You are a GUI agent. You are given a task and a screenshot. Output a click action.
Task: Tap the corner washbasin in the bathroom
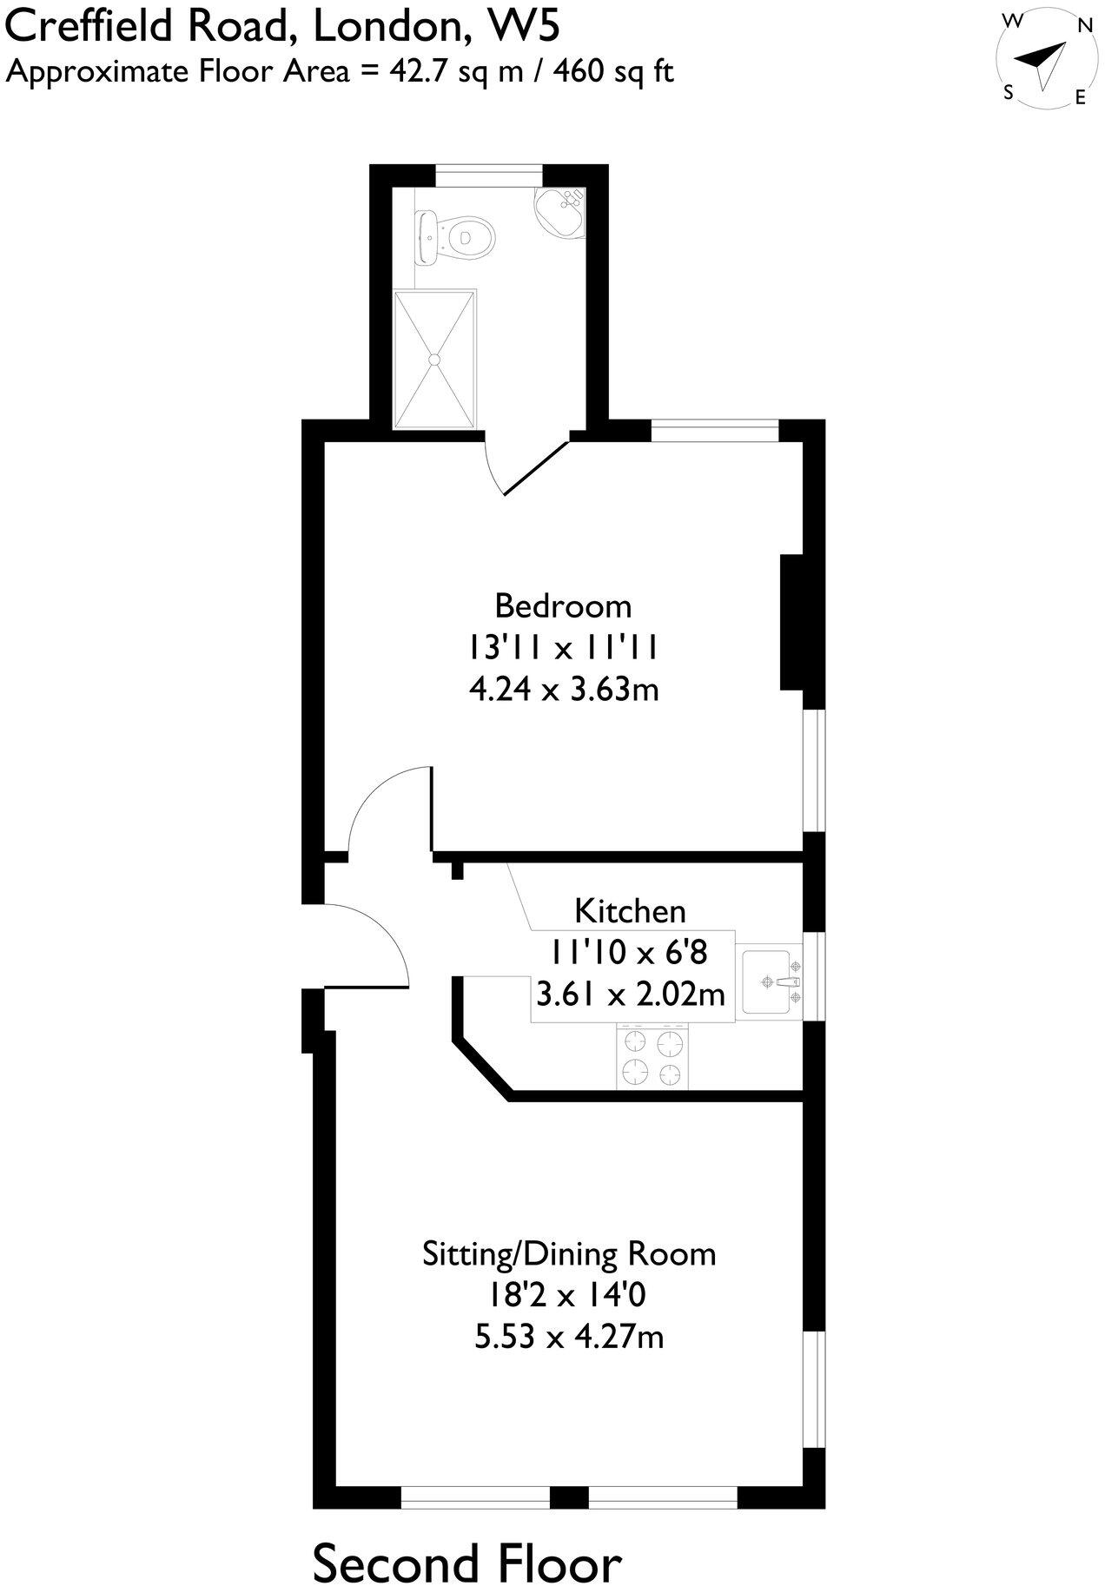(560, 209)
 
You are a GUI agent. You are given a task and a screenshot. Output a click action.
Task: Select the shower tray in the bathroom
(435, 359)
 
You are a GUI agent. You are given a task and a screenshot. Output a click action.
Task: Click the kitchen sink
(770, 982)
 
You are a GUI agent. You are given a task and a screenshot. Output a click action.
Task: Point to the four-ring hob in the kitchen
(652, 1056)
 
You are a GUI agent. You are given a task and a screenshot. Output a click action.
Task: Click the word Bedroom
(563, 605)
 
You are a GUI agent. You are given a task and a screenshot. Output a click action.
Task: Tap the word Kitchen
(630, 911)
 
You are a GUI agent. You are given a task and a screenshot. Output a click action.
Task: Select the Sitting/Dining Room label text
(569, 1254)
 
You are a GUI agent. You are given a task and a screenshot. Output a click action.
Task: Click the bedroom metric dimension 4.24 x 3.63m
(563, 690)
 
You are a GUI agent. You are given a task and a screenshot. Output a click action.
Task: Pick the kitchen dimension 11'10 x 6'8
(627, 953)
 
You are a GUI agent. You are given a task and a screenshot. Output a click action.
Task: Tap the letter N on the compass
(1084, 26)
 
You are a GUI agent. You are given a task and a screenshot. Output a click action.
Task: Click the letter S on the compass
(1009, 93)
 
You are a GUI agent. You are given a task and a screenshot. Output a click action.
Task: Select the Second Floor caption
(466, 1540)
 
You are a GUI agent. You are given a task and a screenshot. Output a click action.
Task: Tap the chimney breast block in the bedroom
(792, 622)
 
